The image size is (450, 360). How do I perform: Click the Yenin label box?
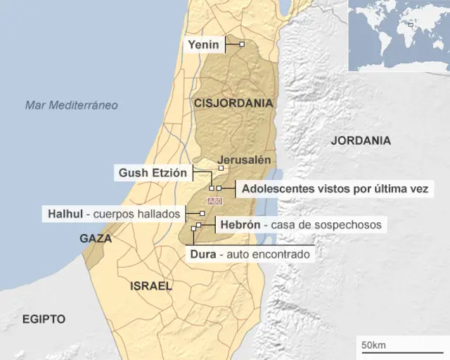pos(204,45)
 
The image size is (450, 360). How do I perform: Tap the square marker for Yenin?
pos(242,45)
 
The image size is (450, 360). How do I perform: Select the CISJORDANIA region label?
pos(233,103)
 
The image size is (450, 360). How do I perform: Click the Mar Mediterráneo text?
pos(71,105)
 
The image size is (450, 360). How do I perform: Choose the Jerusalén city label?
pos(244,159)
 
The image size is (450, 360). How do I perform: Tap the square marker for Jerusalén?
pos(221,168)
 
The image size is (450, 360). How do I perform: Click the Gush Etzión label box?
pos(153,172)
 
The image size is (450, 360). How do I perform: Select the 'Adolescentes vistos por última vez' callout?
pos(335,189)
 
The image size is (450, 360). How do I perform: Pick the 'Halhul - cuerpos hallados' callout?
pos(112,213)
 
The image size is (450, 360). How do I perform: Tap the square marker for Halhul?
pos(202,213)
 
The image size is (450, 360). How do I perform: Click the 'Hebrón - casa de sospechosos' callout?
pos(300,225)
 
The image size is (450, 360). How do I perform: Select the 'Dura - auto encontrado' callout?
pos(250,253)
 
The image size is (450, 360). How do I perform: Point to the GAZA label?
pos(96,238)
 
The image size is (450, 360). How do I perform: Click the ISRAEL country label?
pos(150,286)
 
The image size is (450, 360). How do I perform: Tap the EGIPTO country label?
pos(44,319)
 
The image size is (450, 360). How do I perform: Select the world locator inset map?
pos(398,35)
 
